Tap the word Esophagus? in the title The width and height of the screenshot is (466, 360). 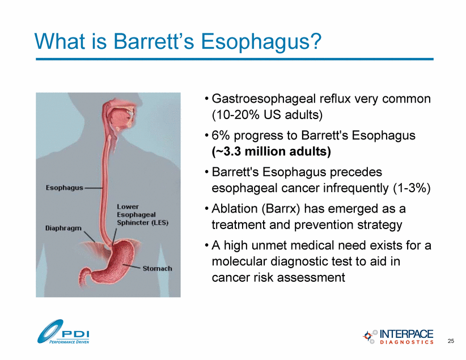click(x=261, y=41)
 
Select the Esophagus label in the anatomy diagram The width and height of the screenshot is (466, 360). click(x=65, y=188)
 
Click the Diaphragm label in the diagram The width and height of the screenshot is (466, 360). click(x=63, y=228)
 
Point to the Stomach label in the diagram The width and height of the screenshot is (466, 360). click(x=157, y=268)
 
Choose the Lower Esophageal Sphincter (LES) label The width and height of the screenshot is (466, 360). click(x=142, y=215)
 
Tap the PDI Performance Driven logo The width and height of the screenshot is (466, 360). click(x=63, y=332)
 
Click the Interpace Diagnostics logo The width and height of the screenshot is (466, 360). click(x=398, y=337)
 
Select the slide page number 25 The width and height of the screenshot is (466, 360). click(x=451, y=341)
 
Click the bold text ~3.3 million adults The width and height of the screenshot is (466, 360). click(x=272, y=151)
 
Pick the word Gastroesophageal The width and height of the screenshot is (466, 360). click(x=264, y=99)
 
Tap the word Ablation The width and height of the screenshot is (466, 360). click(x=235, y=209)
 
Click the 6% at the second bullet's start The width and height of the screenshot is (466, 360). click(x=221, y=135)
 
